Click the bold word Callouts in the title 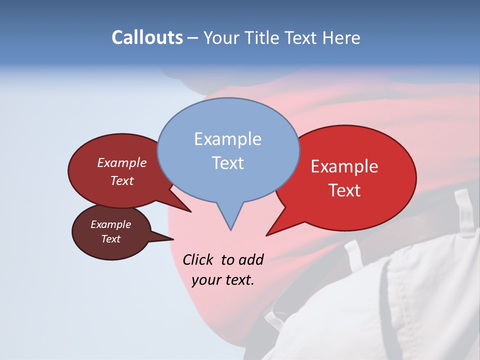point(147,37)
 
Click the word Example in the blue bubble point(228,139)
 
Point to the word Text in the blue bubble point(228,163)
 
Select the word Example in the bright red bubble point(344,166)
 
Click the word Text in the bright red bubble point(345,190)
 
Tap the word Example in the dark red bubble point(122,162)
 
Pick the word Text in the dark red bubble point(122,180)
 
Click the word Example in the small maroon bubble point(111,224)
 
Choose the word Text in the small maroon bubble point(111,239)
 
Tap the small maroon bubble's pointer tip point(172,239)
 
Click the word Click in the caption point(198,259)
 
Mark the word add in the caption point(251,259)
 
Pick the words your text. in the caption point(223,280)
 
